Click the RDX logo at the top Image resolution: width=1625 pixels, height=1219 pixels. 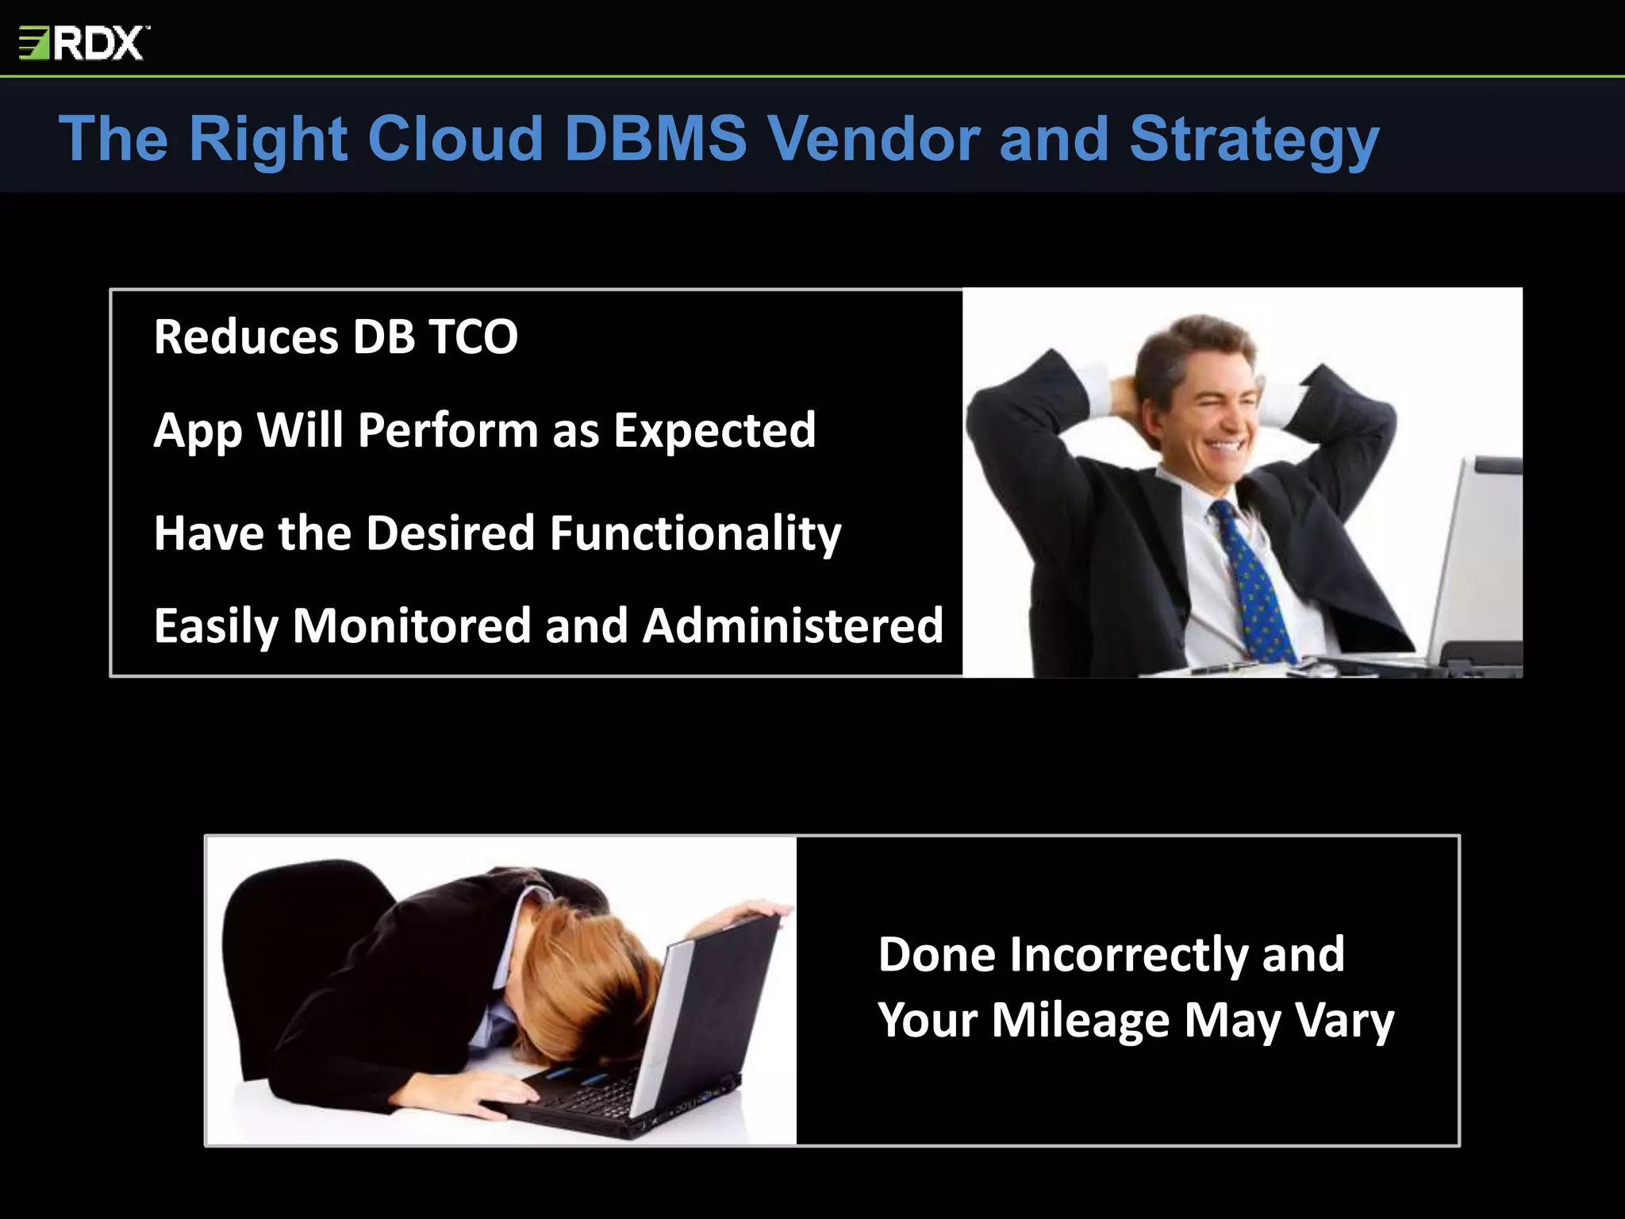click(83, 43)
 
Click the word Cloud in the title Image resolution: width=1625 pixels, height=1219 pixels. click(455, 139)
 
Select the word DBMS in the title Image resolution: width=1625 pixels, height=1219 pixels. click(655, 139)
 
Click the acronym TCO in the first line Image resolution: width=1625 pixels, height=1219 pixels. click(473, 336)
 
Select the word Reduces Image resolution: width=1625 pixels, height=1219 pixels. click(246, 336)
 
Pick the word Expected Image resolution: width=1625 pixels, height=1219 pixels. click(714, 431)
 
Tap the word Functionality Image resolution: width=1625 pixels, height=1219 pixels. click(695, 533)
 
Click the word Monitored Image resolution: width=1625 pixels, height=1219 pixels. click(412, 626)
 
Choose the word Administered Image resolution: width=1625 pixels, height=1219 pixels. click(793, 626)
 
